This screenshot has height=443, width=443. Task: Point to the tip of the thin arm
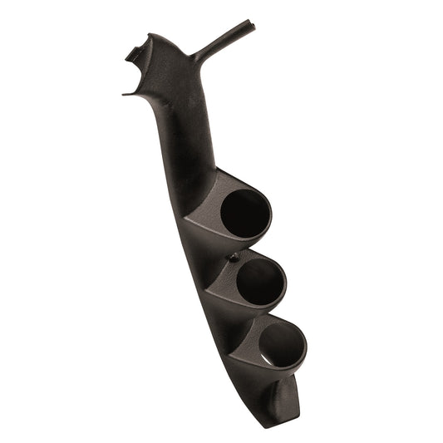point(251,24)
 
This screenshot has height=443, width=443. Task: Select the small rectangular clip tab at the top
point(132,53)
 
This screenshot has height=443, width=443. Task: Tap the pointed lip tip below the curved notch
point(125,94)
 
